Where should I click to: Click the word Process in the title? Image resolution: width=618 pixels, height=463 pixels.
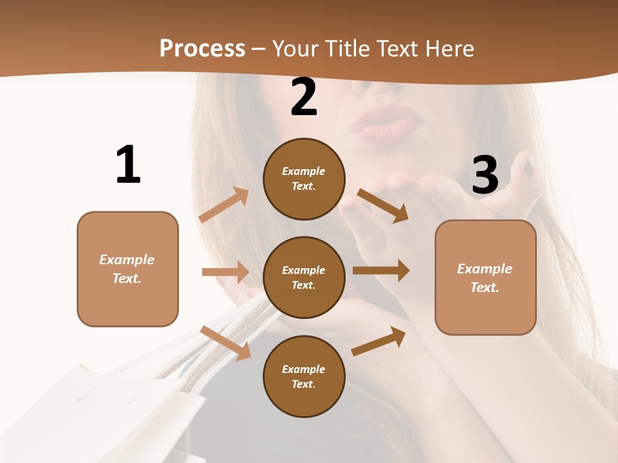tap(202, 48)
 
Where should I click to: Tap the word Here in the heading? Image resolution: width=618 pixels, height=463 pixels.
tap(447, 48)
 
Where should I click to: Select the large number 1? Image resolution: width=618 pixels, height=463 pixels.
tap(128, 165)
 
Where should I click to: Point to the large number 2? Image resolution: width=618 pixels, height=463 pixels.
tap(304, 97)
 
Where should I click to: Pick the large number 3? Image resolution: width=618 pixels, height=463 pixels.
tap(485, 175)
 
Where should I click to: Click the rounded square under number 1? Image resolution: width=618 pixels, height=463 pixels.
tap(127, 269)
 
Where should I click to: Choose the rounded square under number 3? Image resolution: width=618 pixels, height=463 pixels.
tap(485, 277)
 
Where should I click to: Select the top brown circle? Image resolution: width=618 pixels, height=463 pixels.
tap(304, 179)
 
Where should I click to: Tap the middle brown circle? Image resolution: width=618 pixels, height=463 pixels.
tap(304, 277)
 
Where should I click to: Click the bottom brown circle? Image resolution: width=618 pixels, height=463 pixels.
tap(304, 376)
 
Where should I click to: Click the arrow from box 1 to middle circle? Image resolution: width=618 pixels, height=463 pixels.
tap(225, 272)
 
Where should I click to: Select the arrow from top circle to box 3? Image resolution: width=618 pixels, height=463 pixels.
tap(384, 206)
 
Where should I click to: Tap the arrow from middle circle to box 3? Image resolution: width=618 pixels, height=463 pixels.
tap(381, 271)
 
